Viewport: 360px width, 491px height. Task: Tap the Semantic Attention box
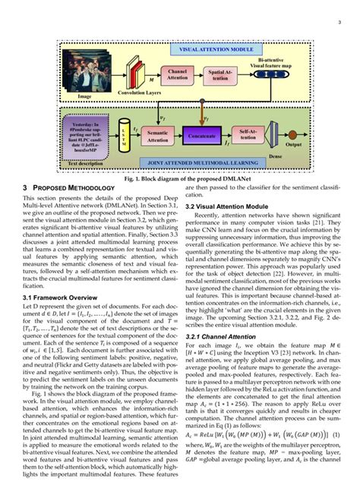[158, 134]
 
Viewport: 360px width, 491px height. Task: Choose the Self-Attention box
[247, 134]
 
